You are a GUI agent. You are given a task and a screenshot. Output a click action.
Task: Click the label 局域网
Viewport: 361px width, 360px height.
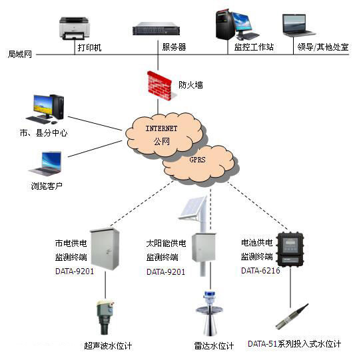20,54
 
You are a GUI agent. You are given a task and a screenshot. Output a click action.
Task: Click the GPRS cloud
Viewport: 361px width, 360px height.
198,161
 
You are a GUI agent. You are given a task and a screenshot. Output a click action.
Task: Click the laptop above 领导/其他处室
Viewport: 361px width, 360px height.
299,25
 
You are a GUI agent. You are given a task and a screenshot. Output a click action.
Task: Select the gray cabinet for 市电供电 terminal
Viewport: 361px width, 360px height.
105,249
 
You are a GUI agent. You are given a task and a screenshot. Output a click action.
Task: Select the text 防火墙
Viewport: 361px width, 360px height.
191,85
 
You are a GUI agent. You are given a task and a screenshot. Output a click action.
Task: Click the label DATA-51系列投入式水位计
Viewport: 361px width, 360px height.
294,344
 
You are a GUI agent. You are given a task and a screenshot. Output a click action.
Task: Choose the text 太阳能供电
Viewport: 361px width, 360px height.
166,244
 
